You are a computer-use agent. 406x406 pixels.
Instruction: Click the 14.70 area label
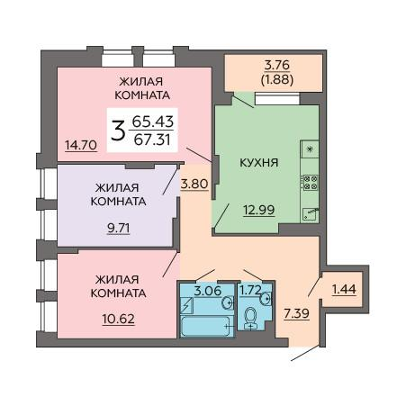[x=81, y=145]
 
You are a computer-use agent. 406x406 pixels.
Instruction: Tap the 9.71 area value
[x=119, y=229]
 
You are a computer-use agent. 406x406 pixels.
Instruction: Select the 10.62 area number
[x=119, y=319]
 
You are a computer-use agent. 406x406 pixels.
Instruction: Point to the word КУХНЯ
[x=259, y=163]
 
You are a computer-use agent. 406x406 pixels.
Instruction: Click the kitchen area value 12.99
[x=259, y=210]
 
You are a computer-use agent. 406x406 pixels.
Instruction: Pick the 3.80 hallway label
[x=194, y=184]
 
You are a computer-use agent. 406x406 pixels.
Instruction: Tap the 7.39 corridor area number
[x=296, y=313]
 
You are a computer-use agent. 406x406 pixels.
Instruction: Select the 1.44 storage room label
[x=344, y=289]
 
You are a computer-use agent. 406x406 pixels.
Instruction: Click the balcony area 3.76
[x=277, y=65]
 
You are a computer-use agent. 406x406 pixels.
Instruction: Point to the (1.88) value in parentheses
[x=277, y=79]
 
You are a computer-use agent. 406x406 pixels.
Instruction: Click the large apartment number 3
[x=118, y=131]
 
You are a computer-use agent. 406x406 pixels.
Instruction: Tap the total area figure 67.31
[x=152, y=140]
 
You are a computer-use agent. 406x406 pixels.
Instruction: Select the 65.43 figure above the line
[x=153, y=122]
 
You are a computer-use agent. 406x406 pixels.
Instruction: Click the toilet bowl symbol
[x=250, y=318]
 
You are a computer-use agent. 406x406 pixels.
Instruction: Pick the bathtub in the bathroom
[x=206, y=326]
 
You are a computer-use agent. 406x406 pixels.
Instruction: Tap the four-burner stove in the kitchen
[x=311, y=183]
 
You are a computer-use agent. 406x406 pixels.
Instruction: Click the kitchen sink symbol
[x=311, y=214]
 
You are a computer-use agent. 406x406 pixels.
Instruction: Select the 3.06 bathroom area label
[x=208, y=291]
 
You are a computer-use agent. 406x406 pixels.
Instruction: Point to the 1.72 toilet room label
[x=250, y=290]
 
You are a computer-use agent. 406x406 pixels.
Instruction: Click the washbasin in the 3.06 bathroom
[x=228, y=302]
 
